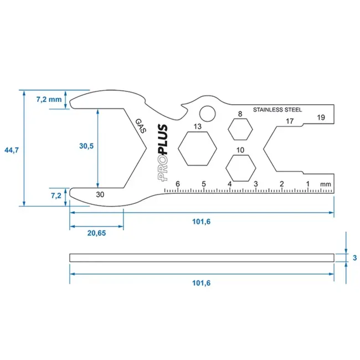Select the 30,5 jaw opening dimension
pyautogui.click(x=86, y=146)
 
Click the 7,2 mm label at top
pyautogui.click(x=49, y=100)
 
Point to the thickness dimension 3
pyautogui.click(x=353, y=258)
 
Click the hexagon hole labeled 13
pyautogui.click(x=197, y=148)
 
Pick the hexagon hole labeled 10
pyautogui.click(x=240, y=167)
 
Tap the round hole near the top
pyautogui.click(x=207, y=114)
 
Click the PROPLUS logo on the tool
pyautogui.click(x=161, y=153)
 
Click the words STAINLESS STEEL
pyautogui.click(x=277, y=110)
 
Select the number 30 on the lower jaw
pyautogui.click(x=100, y=194)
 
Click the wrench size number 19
pyautogui.click(x=321, y=117)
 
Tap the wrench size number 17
pyautogui.click(x=289, y=121)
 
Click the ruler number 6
pyautogui.click(x=178, y=184)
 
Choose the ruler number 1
pyautogui.click(x=307, y=184)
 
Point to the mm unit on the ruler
pyautogui.click(x=325, y=184)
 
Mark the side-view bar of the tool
pyautogui.click(x=202, y=258)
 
